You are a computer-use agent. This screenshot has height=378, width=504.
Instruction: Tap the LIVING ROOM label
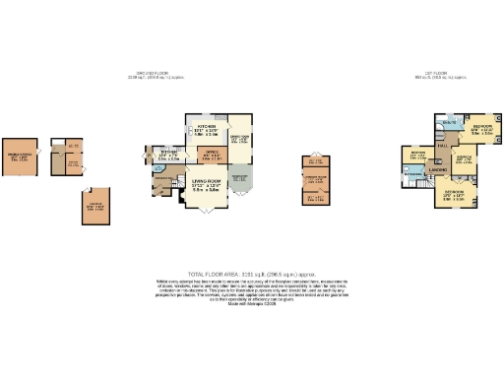tap(201, 185)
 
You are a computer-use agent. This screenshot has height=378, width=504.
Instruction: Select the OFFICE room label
tap(210, 155)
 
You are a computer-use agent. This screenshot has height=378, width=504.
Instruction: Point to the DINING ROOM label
tap(239, 140)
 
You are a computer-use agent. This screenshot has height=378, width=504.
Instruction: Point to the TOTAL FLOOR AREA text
tap(251, 275)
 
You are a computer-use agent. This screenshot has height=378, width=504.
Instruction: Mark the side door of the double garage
tap(40, 156)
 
